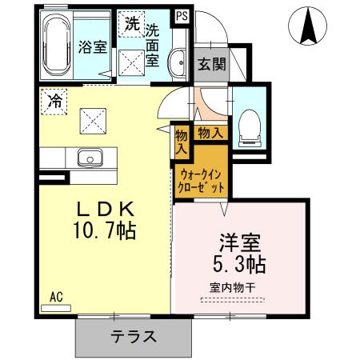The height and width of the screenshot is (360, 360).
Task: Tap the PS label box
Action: click(182, 15)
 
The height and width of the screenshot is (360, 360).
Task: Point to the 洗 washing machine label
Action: click(130, 23)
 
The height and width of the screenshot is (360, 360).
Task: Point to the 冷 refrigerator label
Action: click(54, 101)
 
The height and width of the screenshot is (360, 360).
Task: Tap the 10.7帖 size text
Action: click(104, 232)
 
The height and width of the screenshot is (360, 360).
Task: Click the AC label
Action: click(57, 296)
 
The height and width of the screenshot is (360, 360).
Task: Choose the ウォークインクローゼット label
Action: click(200, 179)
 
